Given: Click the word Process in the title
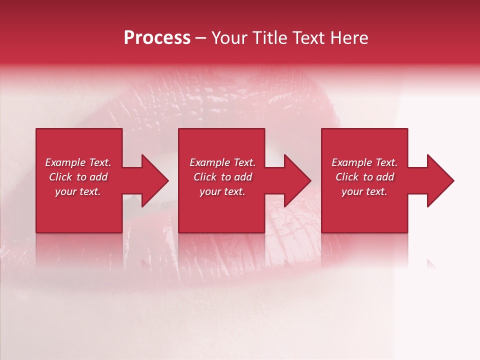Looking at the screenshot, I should pyautogui.click(x=157, y=38).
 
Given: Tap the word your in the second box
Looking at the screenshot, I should pyautogui.click(x=209, y=191).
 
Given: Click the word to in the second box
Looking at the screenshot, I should pyautogui.click(x=226, y=177).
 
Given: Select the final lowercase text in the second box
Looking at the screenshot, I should pyautogui.click(x=234, y=191).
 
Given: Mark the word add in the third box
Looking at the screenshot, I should pyautogui.click(x=385, y=177).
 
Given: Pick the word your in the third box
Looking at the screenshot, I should pyautogui.click(x=351, y=191).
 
